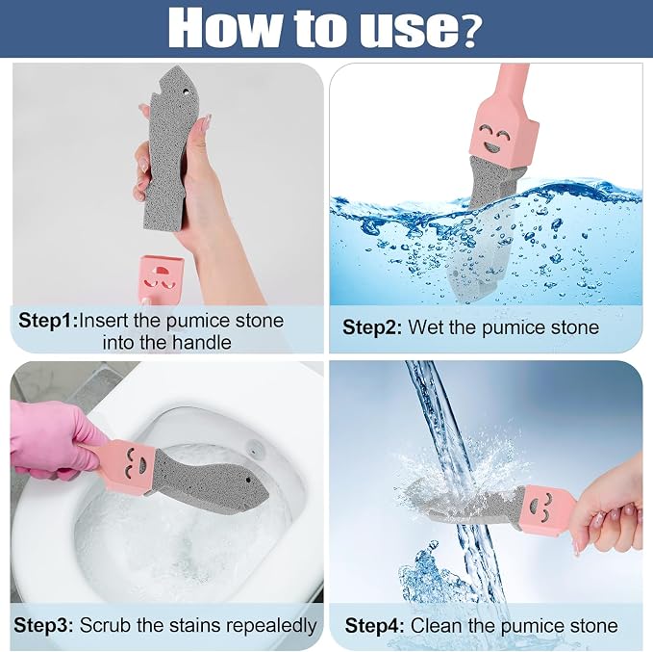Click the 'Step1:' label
(47, 321)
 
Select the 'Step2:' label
(372, 327)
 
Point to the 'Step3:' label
(43, 625)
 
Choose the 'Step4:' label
(374, 626)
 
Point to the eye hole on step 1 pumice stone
(186, 90)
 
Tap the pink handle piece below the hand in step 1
(162, 279)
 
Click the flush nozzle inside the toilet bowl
(253, 447)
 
